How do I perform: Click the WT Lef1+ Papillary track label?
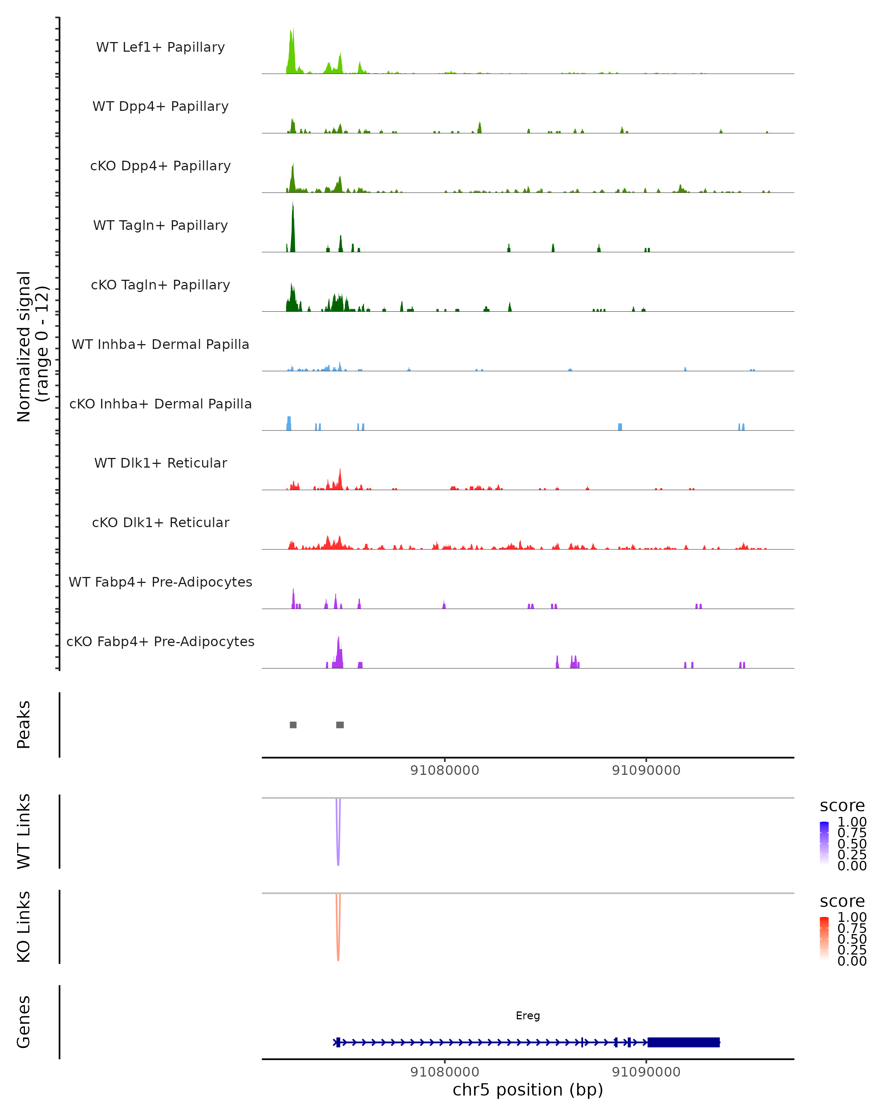tap(160, 47)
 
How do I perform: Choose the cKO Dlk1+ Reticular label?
tap(160, 522)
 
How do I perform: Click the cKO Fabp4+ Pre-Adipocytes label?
tap(160, 641)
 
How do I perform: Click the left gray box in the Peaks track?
tap(293, 725)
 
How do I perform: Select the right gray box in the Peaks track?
tap(340, 725)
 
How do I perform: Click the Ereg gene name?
tap(528, 1016)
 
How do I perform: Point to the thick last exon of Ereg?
tap(684, 1042)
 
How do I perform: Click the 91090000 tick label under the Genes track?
tap(646, 1072)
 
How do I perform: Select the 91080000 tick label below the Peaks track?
tap(444, 770)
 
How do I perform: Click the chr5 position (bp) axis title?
tap(528, 1090)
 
